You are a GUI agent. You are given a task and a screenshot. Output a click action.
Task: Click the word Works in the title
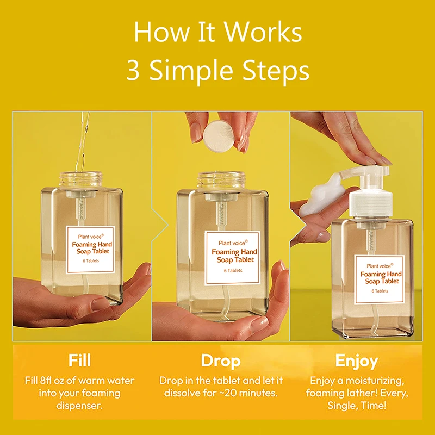click(x=263, y=32)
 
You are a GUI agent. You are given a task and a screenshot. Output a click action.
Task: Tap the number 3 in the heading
click(x=133, y=71)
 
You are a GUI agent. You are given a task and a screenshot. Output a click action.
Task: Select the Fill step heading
click(x=79, y=360)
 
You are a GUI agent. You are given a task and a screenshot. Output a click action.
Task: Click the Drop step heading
click(x=221, y=361)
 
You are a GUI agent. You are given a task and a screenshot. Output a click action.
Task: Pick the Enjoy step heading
click(x=357, y=361)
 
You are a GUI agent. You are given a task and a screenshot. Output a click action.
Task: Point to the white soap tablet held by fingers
click(x=219, y=135)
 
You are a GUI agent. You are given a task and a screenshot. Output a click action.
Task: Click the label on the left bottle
click(x=90, y=250)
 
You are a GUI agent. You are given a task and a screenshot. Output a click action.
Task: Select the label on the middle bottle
click(x=233, y=258)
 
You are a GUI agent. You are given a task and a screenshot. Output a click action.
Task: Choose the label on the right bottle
click(x=380, y=279)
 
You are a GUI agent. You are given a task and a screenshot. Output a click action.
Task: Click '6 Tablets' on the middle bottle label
click(x=233, y=270)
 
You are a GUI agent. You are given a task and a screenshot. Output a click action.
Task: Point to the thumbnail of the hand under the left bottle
click(x=101, y=303)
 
